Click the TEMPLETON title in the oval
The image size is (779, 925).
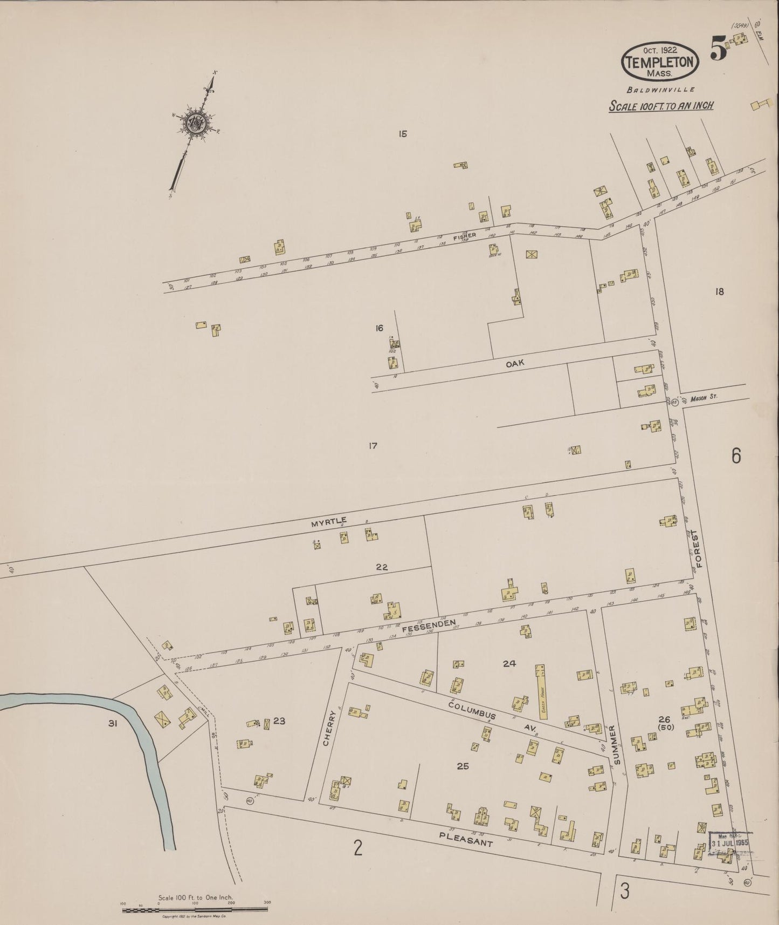[660, 62]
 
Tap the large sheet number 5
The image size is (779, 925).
[719, 49]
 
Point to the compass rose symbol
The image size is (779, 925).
[193, 125]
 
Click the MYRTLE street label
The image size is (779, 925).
[328, 521]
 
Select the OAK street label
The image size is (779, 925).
[515, 364]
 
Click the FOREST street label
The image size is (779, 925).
[700, 548]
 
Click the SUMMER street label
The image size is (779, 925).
[617, 745]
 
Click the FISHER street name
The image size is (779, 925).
[464, 236]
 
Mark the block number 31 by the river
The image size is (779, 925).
[112, 724]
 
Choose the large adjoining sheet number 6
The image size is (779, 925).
[736, 456]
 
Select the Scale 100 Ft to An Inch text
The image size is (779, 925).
[661, 106]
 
